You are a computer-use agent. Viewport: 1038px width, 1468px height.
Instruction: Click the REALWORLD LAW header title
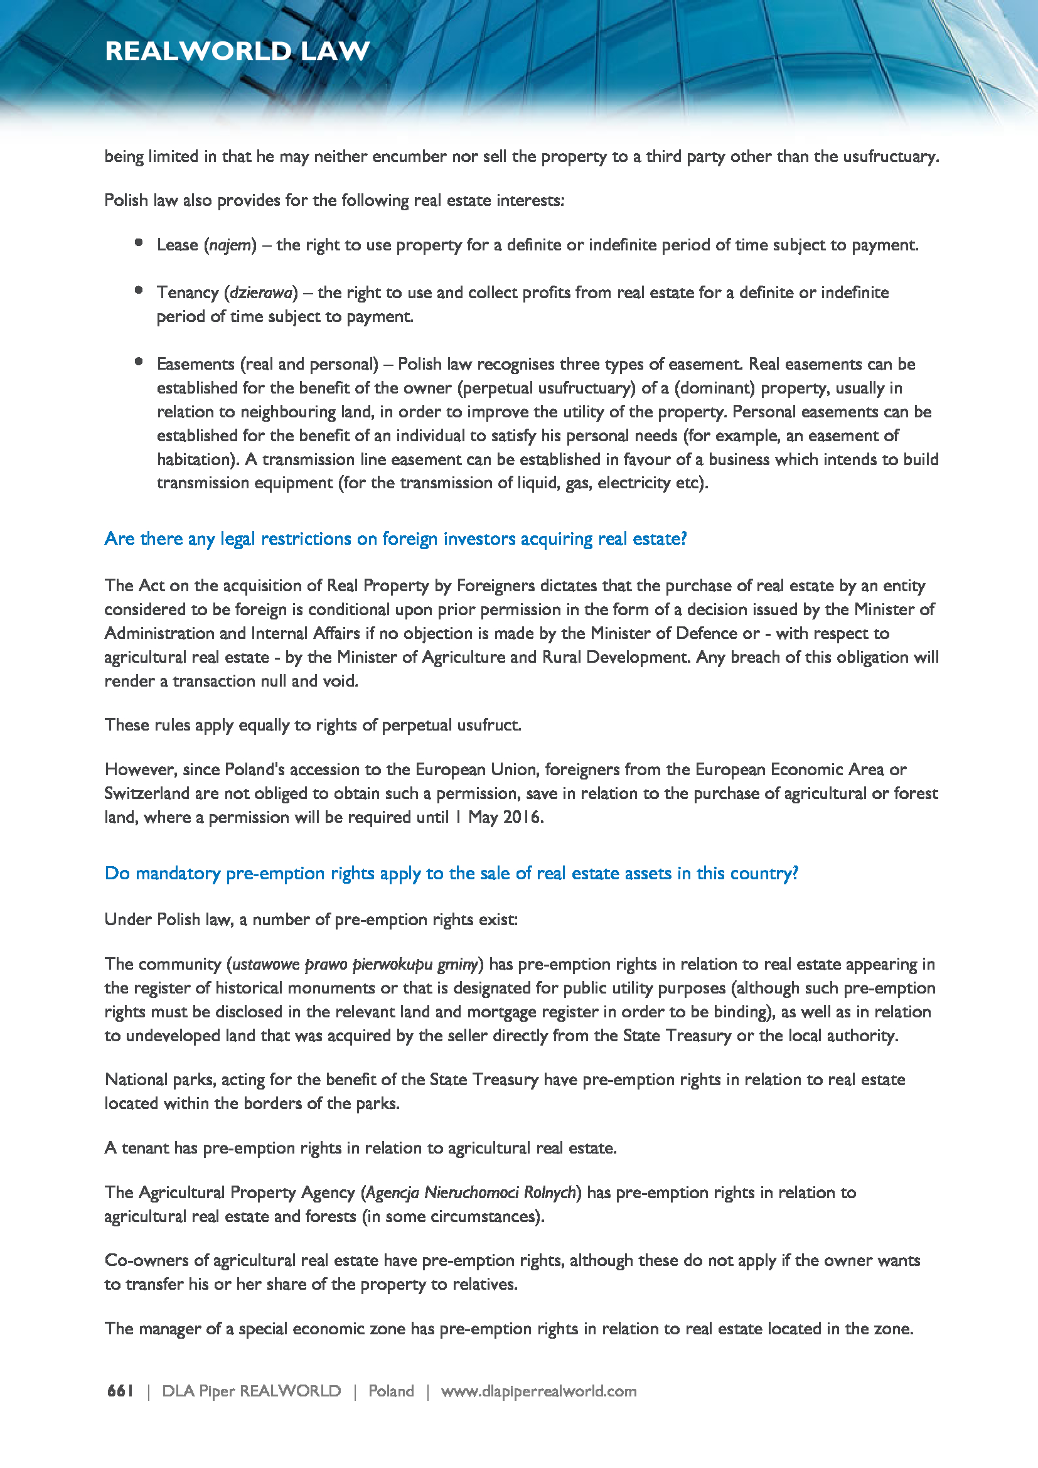point(237,51)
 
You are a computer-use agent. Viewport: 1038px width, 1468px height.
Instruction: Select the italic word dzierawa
point(261,293)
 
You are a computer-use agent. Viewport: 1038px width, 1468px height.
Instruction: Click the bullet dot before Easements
point(139,362)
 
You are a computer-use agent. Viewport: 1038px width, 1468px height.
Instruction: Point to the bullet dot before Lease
point(139,243)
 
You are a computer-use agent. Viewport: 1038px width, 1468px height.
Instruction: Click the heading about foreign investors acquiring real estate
point(395,539)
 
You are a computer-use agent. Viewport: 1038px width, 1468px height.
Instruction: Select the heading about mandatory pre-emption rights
point(451,874)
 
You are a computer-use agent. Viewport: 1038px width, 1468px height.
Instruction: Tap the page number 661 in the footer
point(120,1391)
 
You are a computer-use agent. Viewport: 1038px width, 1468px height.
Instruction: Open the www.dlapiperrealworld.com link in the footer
point(539,1391)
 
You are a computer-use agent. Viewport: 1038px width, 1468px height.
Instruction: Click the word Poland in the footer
point(391,1391)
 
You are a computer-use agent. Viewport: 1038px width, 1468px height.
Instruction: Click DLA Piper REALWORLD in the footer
point(251,1391)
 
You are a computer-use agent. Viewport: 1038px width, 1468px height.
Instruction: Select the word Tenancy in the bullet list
point(188,293)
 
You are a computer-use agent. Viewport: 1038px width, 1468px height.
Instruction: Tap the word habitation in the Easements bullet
point(194,459)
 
